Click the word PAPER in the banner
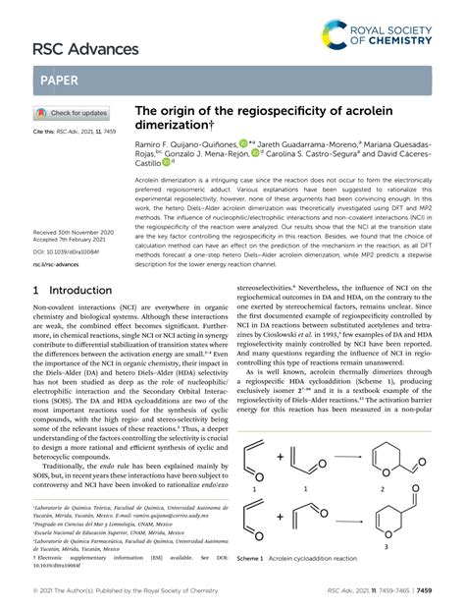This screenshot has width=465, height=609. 60,80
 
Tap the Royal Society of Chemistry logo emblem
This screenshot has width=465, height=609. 336,37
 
